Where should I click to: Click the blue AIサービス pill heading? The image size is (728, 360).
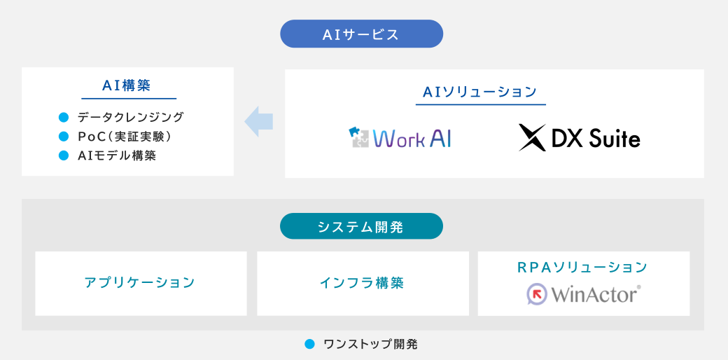pyautogui.click(x=361, y=34)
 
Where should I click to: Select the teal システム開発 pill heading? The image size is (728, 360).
pyautogui.click(x=361, y=227)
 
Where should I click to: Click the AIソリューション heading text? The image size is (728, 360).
pyautogui.click(x=480, y=92)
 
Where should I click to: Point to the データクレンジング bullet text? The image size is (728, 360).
pyautogui.click(x=130, y=117)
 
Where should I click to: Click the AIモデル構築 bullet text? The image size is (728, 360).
pyautogui.click(x=117, y=155)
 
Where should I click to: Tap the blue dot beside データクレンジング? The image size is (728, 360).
pyautogui.click(x=63, y=117)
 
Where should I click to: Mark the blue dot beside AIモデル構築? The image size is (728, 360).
pyautogui.click(x=63, y=155)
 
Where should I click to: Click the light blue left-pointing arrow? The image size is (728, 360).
pyautogui.click(x=258, y=122)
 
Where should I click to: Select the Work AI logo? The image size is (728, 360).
pyautogui.click(x=400, y=138)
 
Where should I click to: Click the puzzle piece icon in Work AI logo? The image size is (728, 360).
pyautogui.click(x=359, y=138)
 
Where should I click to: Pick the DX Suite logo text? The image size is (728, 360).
pyautogui.click(x=596, y=139)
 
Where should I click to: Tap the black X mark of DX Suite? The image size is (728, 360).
pyautogui.click(x=532, y=138)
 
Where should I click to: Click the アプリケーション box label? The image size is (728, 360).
pyautogui.click(x=140, y=283)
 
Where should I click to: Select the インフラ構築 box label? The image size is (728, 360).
pyautogui.click(x=362, y=283)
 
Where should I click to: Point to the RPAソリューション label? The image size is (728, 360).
pyautogui.click(x=582, y=267)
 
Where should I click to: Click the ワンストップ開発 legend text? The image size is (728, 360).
pyautogui.click(x=370, y=344)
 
